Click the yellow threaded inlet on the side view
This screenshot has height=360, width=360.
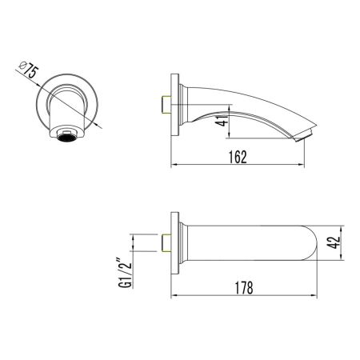pyautogui.click(x=165, y=104)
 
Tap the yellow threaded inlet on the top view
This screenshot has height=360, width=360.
pyautogui.click(x=165, y=242)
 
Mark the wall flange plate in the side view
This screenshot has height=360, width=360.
pyautogui.click(x=173, y=104)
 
